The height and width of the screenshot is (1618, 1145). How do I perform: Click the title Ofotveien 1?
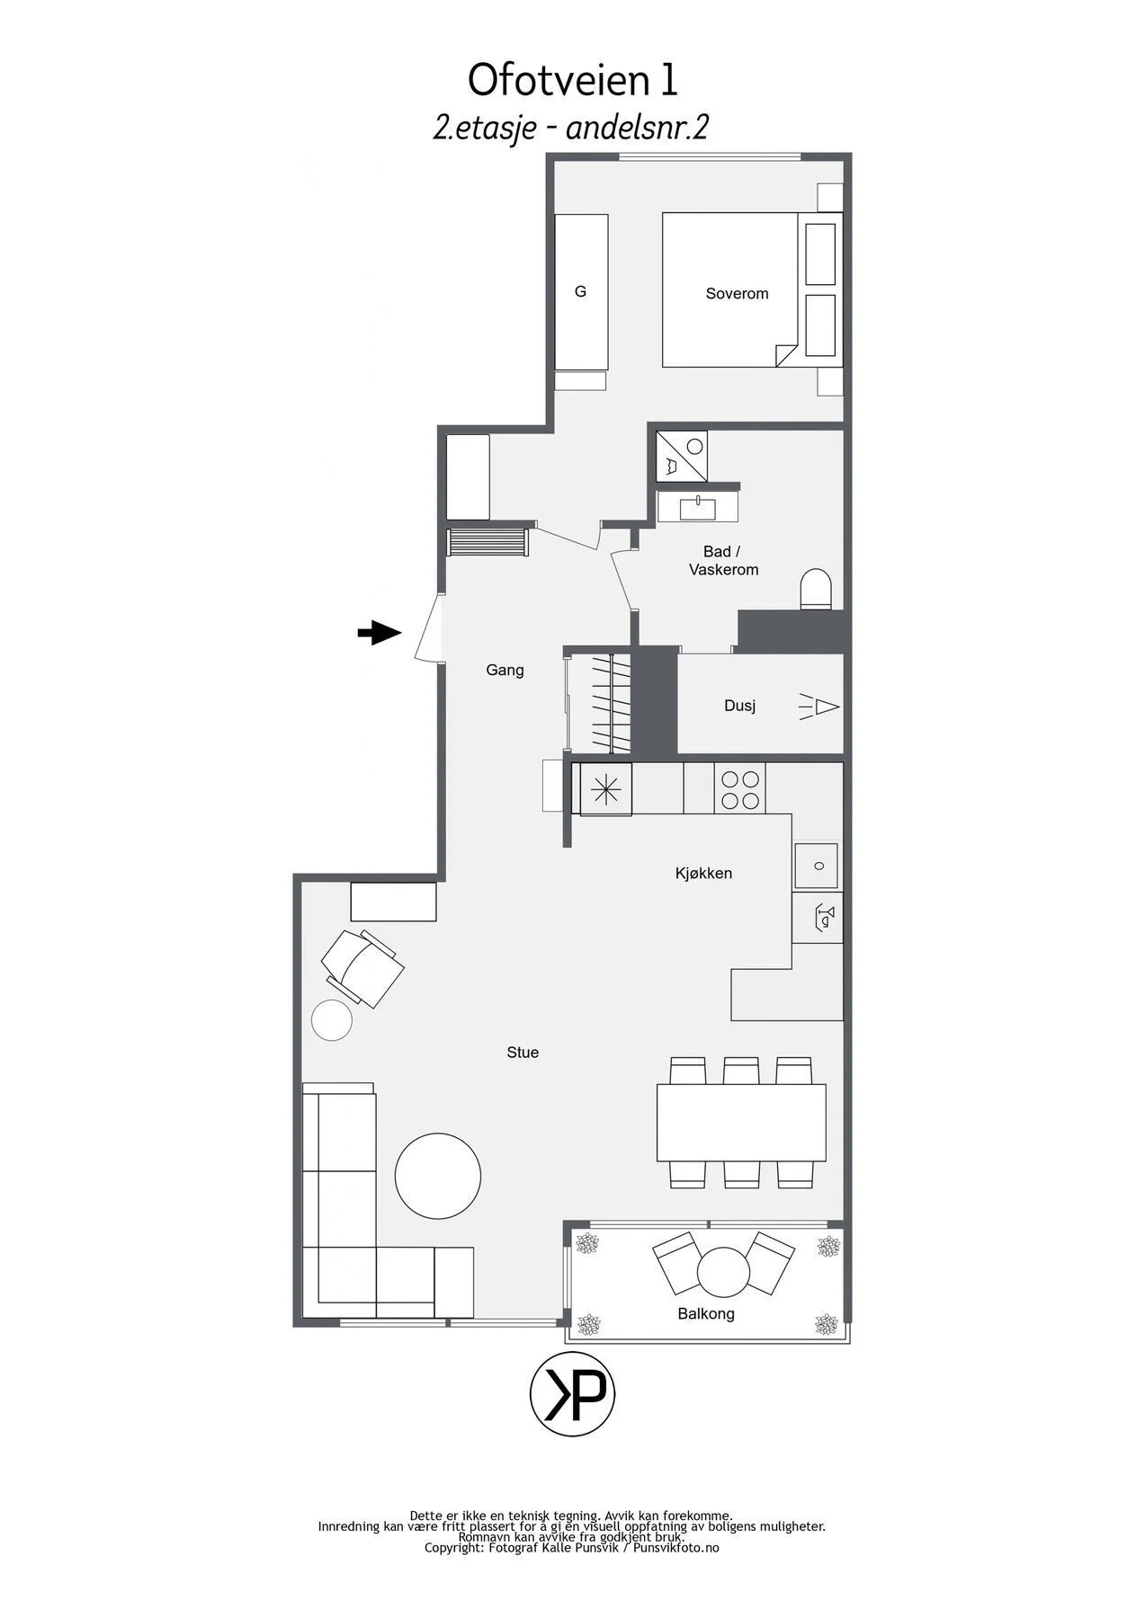[572, 80]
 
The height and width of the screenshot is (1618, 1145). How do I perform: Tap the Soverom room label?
[737, 293]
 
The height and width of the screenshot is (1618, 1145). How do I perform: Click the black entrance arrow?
[380, 633]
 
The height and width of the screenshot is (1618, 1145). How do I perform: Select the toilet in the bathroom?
[816, 589]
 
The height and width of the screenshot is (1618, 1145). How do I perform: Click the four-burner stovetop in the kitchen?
[739, 789]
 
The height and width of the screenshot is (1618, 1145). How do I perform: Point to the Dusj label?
[739, 707]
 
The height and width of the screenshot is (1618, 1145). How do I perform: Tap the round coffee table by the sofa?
[438, 1176]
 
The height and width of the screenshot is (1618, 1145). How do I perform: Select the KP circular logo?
[572, 1393]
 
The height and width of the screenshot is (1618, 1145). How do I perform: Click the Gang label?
[505, 670]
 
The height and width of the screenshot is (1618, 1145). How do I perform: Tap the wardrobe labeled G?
[581, 292]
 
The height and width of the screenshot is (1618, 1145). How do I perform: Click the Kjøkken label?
[703, 873]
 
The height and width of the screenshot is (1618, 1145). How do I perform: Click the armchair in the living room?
[362, 968]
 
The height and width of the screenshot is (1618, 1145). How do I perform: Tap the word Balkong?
[706, 1314]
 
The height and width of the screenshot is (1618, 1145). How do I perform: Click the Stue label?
[523, 1053]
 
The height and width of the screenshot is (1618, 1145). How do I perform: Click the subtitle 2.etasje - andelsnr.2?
[571, 128]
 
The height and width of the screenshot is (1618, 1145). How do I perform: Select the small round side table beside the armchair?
[332, 1020]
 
